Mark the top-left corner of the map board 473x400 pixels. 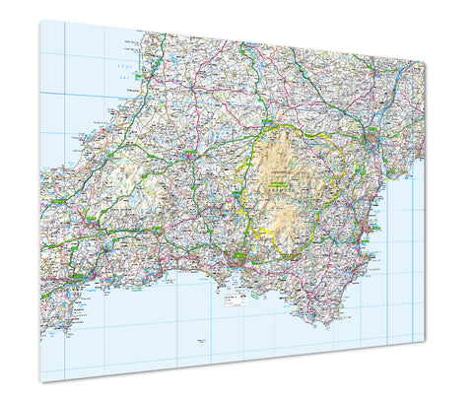pos(40,20)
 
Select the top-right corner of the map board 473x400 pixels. pos(425,61)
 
